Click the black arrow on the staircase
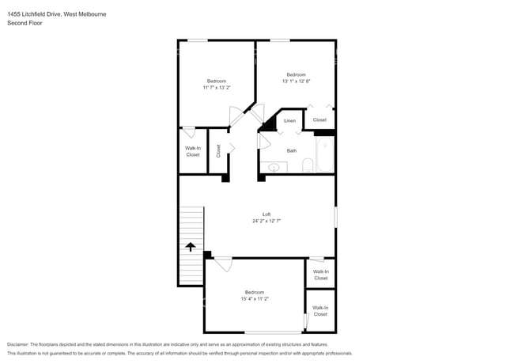coord(191,247)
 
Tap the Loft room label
coord(266,214)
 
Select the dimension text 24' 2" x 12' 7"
coord(266,221)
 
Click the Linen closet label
coord(289,121)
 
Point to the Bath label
coord(292,151)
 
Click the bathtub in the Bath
coord(325,154)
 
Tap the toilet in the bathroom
coord(308,165)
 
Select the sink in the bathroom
coord(274,168)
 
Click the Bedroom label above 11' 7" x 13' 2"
coord(217,81)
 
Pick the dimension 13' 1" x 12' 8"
coord(297,81)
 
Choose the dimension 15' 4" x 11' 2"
coord(255,299)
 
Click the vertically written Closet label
coord(218,151)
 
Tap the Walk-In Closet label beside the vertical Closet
coord(193,151)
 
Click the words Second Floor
coord(25,23)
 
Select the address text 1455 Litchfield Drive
coord(34,14)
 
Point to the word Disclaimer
coord(18,344)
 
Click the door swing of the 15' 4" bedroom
coord(224,264)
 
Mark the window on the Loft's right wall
coord(335,217)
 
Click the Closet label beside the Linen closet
coord(319,120)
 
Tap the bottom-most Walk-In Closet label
coord(320,311)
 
